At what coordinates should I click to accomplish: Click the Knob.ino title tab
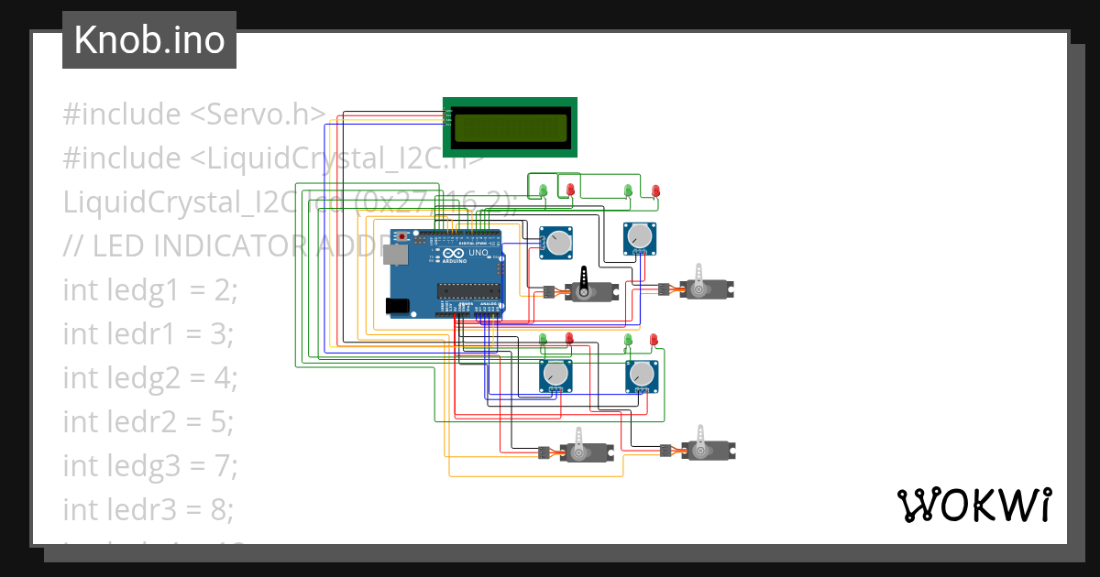[x=149, y=40]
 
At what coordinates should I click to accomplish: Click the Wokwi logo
[x=973, y=506]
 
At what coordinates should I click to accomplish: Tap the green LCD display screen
[x=510, y=127]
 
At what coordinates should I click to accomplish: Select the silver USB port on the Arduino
[x=395, y=255]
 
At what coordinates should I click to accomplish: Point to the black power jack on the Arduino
[x=398, y=306]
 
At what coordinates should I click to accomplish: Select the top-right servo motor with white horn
[x=704, y=288]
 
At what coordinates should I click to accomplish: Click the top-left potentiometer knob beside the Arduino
[x=556, y=243]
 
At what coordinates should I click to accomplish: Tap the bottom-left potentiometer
[x=555, y=375]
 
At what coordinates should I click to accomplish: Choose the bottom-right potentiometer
[x=641, y=375]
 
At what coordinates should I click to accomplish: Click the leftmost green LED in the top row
[x=543, y=191]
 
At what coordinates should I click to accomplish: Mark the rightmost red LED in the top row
[x=655, y=191]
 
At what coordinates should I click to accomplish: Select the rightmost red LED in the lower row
[x=654, y=341]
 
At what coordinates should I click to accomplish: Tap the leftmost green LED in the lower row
[x=543, y=340]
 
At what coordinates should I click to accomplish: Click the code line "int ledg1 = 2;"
[x=150, y=290]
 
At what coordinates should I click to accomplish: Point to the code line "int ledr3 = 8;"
[x=150, y=509]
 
